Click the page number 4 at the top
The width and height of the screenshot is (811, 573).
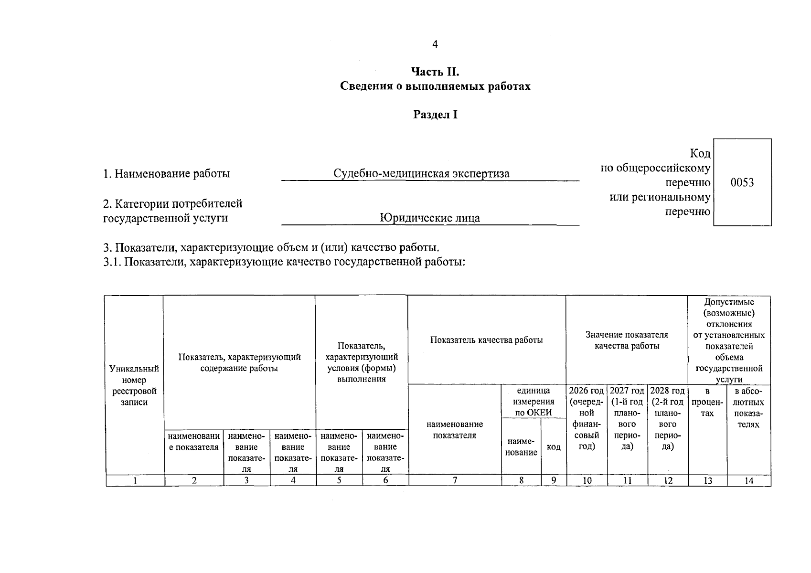pyautogui.click(x=435, y=44)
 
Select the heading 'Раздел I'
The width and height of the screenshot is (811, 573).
pyautogui.click(x=435, y=115)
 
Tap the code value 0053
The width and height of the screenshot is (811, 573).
pyautogui.click(x=742, y=182)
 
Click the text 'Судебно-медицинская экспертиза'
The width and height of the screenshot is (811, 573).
pyautogui.click(x=421, y=173)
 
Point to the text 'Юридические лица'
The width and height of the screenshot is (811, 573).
pyautogui.click(x=430, y=218)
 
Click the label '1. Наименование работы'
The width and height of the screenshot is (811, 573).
pyautogui.click(x=167, y=173)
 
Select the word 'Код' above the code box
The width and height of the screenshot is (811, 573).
pyautogui.click(x=700, y=154)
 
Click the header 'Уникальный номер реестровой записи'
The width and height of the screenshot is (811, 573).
pyautogui.click(x=134, y=385)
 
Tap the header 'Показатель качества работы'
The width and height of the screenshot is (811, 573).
pyautogui.click(x=486, y=340)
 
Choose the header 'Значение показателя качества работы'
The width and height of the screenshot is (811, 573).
pyautogui.click(x=627, y=340)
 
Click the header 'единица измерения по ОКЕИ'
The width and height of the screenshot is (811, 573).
pyautogui.click(x=534, y=402)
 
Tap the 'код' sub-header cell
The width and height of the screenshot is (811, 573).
pyautogui.click(x=554, y=447)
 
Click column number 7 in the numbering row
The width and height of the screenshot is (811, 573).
pyautogui.click(x=455, y=481)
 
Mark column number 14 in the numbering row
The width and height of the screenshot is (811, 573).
pyautogui.click(x=748, y=481)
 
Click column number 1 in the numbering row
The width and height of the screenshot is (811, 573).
pyautogui.click(x=135, y=481)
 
